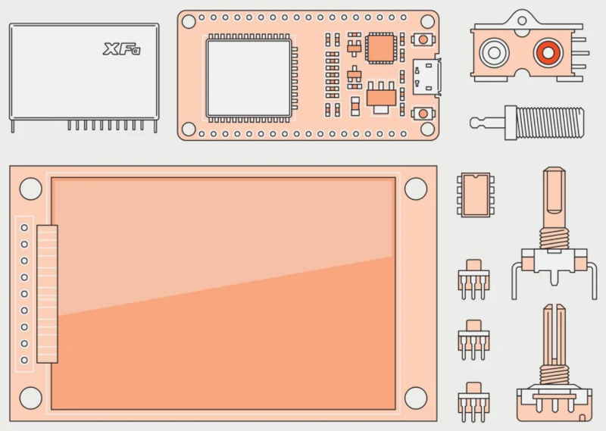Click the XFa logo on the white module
(122, 50)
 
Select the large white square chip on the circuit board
(248, 78)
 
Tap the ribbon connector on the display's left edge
(47, 292)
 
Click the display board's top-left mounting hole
(31, 189)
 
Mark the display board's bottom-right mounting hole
(416, 396)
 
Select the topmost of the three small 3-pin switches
(473, 272)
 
